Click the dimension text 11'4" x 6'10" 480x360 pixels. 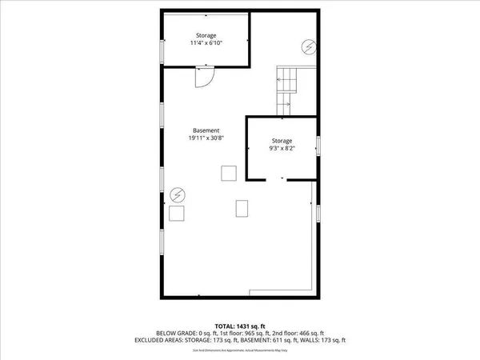tap(206, 44)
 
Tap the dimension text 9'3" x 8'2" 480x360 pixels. tap(282, 149)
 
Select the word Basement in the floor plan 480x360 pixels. tap(206, 130)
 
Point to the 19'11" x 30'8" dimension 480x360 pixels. tap(206, 138)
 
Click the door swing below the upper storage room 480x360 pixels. tap(204, 78)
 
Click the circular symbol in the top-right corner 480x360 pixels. tap(307, 46)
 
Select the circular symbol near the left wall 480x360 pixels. tap(177, 194)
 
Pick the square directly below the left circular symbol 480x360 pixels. tap(177, 213)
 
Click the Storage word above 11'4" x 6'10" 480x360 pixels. tap(206, 36)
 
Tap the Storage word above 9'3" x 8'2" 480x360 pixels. tap(282, 141)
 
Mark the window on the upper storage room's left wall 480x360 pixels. tap(162, 50)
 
